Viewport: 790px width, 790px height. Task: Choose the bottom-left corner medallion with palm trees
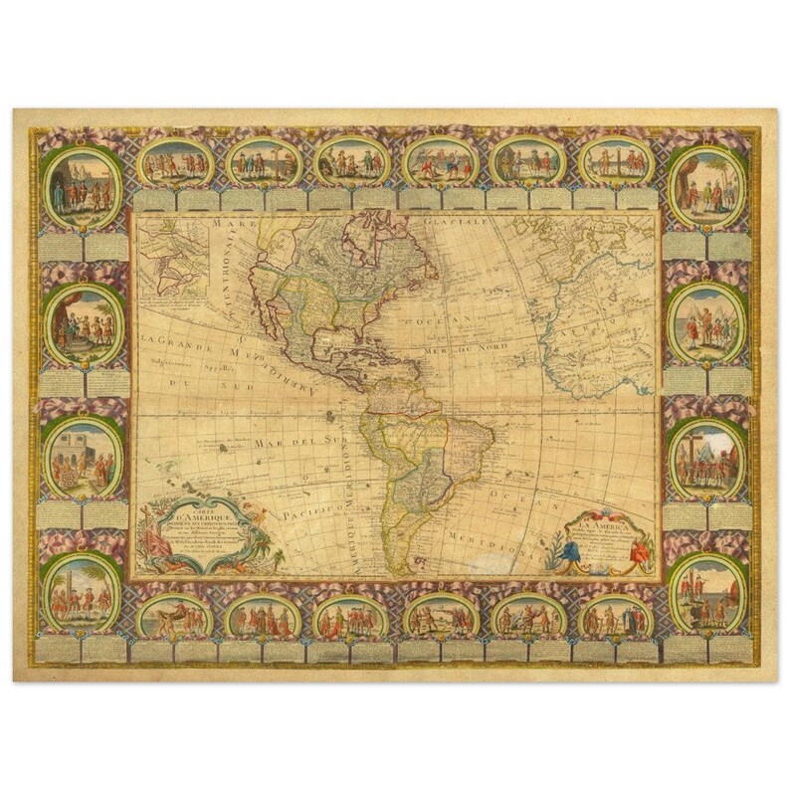83,594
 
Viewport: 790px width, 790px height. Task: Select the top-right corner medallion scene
706,187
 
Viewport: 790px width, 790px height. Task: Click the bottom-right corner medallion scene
707,595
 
